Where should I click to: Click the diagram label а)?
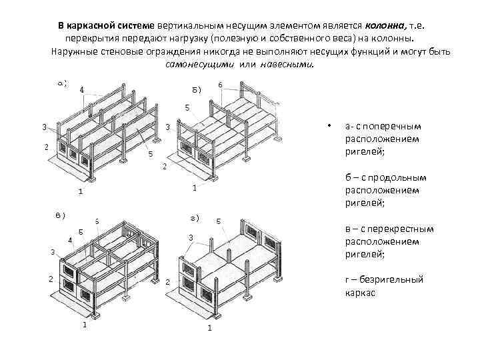pyautogui.click(x=62, y=83)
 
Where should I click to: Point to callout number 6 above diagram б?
pyautogui.click(x=221, y=85)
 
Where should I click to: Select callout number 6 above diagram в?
pyautogui.click(x=97, y=220)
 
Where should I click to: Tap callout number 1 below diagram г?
pyautogui.click(x=210, y=328)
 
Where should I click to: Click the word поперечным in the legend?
pyautogui.click(x=392, y=127)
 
